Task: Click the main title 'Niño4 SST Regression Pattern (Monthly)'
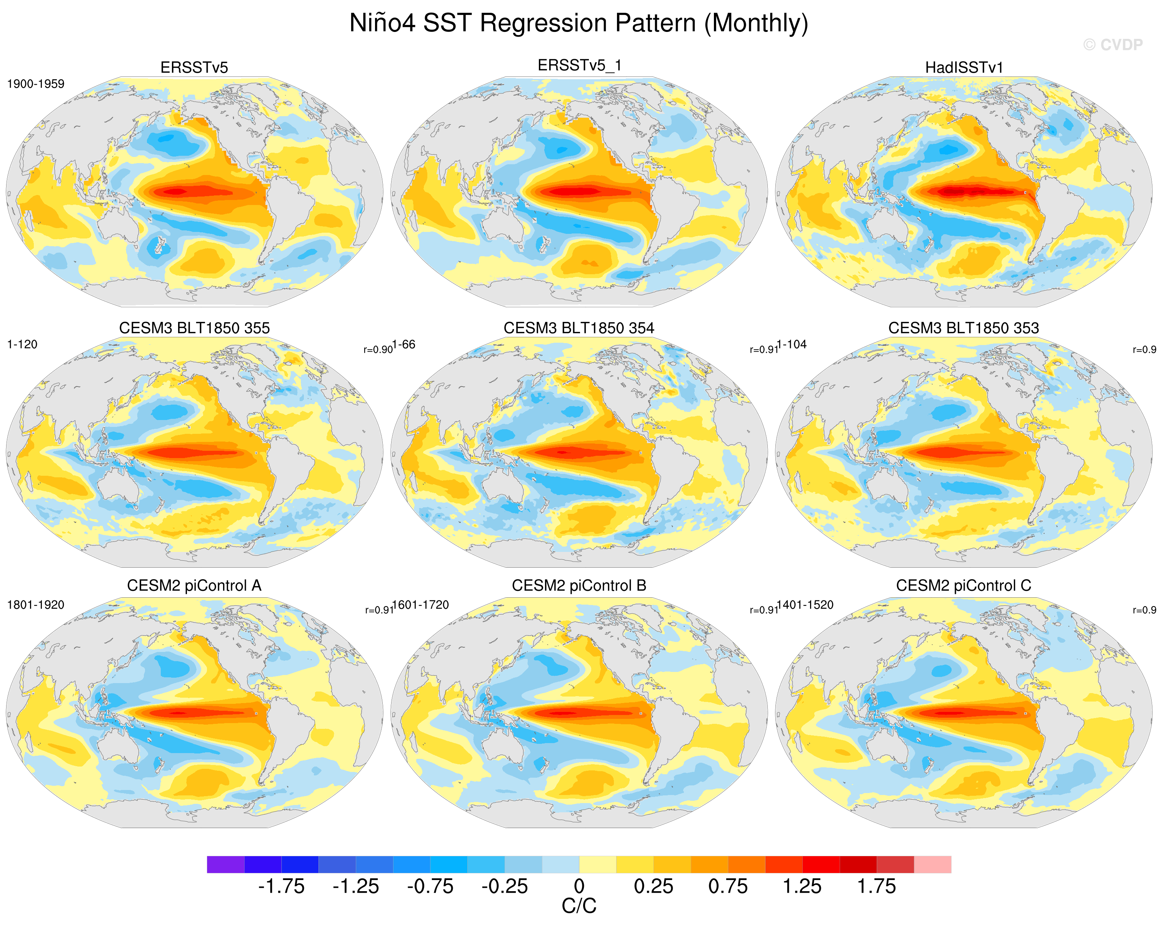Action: (579, 23)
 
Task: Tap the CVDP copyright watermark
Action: (1112, 45)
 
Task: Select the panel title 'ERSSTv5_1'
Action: (579, 65)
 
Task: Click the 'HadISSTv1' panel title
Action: (964, 67)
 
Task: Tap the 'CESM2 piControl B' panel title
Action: (579, 585)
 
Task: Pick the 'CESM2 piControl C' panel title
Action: (964, 585)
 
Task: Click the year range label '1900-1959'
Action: (35, 84)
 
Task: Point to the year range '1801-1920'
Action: (35, 605)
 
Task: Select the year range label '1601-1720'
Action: (421, 605)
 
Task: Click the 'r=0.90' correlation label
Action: (378, 350)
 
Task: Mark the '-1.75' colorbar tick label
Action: (281, 886)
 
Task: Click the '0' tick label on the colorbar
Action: (579, 886)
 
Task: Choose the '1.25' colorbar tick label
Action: (802, 886)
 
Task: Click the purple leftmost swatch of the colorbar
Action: (226, 864)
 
